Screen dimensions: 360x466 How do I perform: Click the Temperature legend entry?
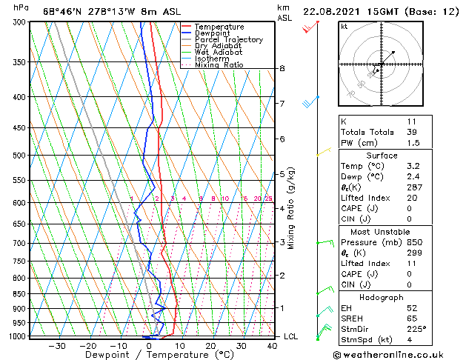tap(219, 27)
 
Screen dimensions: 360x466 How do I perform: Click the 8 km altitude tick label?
tap(282, 69)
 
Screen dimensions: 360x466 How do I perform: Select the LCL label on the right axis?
tap(291, 336)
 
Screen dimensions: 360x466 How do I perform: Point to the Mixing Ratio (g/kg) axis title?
tap(291, 208)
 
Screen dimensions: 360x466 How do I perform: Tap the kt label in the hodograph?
tap(344, 27)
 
